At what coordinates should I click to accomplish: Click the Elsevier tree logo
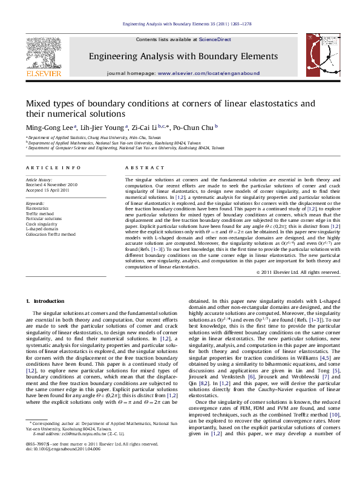tap(43, 53)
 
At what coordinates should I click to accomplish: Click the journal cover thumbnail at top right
tap(320, 58)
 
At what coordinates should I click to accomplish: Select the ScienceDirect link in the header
tap(215, 39)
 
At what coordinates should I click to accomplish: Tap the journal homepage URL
tap(209, 73)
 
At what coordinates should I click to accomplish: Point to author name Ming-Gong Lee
tap(50, 128)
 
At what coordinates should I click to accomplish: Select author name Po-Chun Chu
tap(192, 128)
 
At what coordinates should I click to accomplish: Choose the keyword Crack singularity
tap(42, 224)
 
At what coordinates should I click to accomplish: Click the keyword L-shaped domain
tap(41, 229)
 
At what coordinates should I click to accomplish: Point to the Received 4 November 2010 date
tap(51, 185)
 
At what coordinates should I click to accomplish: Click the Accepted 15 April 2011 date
tap(47, 190)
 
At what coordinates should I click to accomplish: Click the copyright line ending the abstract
tap(298, 272)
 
